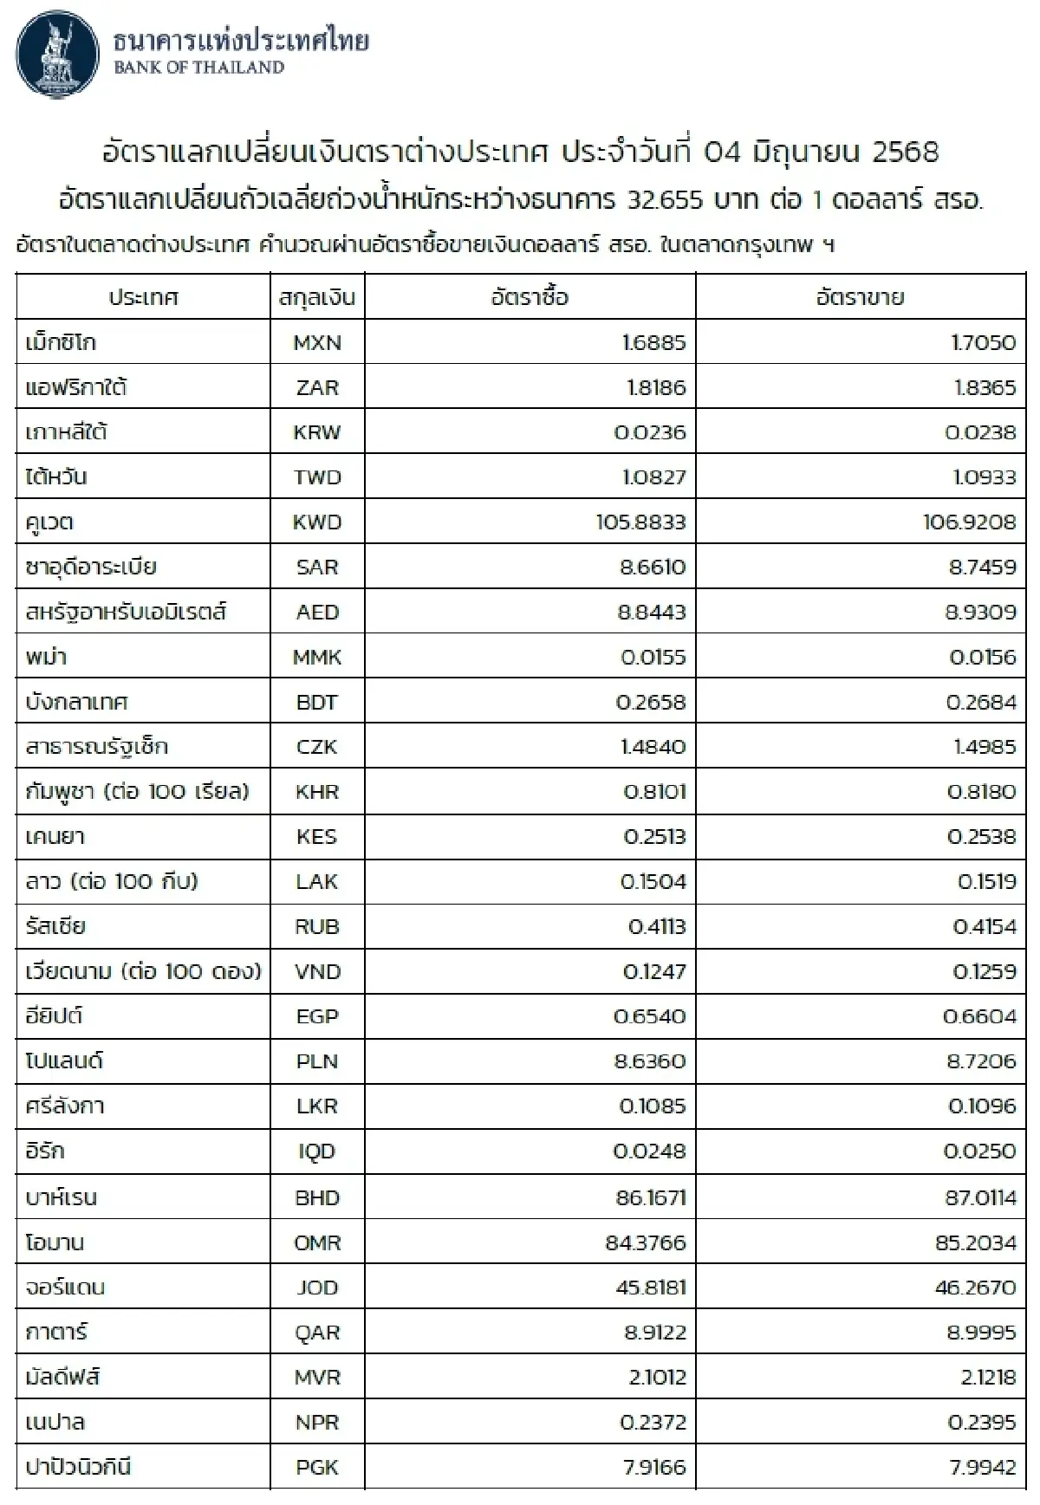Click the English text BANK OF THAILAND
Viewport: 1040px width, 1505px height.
[x=198, y=68]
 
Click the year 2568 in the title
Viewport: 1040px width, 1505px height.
[x=905, y=152]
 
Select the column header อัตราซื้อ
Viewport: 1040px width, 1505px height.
[x=530, y=297]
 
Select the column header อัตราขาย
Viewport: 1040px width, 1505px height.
[x=860, y=297]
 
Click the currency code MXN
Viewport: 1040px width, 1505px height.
[x=317, y=342]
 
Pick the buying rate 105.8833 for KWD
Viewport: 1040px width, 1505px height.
[x=640, y=522]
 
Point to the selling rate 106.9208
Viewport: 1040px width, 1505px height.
[x=969, y=522]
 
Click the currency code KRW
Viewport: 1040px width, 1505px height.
[x=317, y=432]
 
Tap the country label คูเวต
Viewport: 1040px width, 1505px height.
[x=50, y=522]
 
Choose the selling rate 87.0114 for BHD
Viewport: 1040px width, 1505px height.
[x=975, y=1197]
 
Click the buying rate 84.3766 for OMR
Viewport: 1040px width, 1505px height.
[x=645, y=1242]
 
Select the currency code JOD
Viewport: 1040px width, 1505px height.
[x=317, y=1288]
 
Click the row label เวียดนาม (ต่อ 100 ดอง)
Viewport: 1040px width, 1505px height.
[x=143, y=971]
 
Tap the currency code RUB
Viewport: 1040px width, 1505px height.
[x=317, y=926]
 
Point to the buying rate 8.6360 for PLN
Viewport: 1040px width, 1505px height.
[x=650, y=1061]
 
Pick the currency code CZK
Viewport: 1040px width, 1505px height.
[x=317, y=747]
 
